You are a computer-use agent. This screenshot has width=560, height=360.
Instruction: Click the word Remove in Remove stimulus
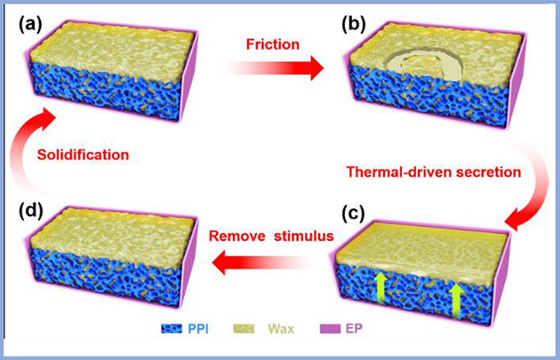point(233,236)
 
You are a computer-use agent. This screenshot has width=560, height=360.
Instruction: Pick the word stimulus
point(290,236)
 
